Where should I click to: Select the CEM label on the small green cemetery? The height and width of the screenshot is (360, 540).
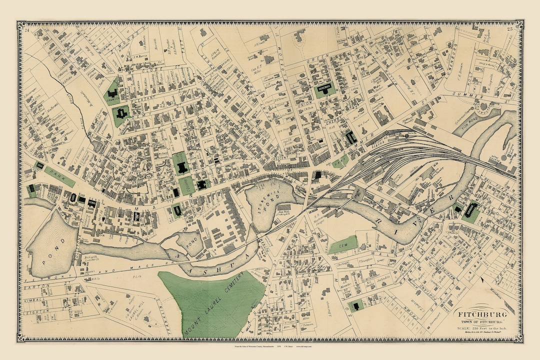tap(342, 244)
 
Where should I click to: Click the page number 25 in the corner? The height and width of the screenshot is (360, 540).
tap(510, 29)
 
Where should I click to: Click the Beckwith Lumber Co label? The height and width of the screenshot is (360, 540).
tap(90, 256)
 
